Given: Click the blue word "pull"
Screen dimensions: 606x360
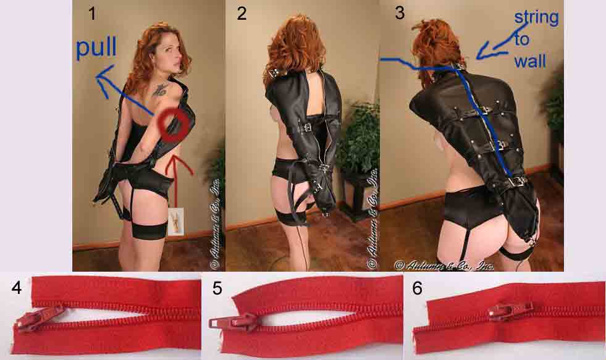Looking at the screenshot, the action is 96,48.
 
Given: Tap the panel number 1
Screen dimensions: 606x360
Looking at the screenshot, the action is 92,14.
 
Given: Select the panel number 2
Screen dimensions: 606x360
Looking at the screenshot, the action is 242,14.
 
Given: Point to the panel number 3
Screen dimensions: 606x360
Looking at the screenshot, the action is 400,13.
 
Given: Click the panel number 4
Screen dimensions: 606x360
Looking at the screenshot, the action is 16,288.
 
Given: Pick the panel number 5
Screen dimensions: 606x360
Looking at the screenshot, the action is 217,288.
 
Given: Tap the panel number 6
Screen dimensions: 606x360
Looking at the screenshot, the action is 418,288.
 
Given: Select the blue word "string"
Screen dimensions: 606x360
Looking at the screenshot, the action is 536,17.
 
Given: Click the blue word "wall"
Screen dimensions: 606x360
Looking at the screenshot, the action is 530,61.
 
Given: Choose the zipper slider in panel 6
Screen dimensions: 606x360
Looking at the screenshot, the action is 511,310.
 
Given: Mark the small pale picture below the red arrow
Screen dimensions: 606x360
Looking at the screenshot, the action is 176,222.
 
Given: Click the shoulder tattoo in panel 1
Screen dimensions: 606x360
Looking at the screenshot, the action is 159,90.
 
